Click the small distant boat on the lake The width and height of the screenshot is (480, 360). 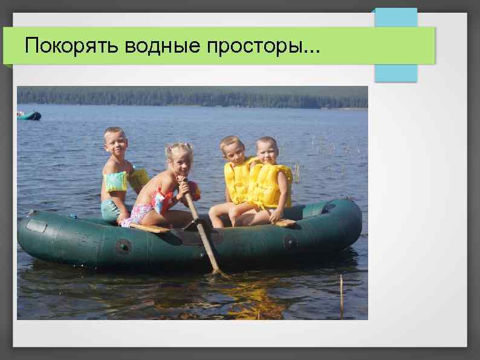(29, 115)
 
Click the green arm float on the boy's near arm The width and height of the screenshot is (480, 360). (115, 182)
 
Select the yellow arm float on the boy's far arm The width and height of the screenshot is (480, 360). (138, 177)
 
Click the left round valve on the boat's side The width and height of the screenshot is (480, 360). (124, 246)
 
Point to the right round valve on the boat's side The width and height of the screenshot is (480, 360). (290, 241)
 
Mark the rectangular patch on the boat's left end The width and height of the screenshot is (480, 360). (37, 226)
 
